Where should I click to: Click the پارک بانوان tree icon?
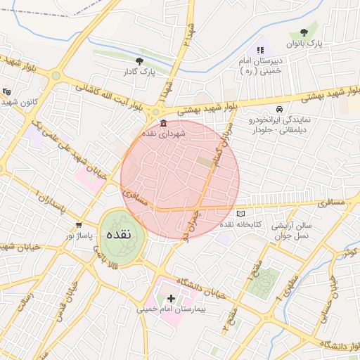click(304, 32)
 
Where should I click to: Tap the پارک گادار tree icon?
click(139, 61)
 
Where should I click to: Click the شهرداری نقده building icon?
click(163, 124)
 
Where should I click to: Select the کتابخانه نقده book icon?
click(241, 213)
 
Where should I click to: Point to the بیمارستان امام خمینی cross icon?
click(171, 298)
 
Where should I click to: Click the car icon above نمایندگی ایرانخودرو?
click(280, 110)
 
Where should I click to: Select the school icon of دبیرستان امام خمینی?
click(260, 50)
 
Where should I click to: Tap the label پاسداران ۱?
click(49, 202)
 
